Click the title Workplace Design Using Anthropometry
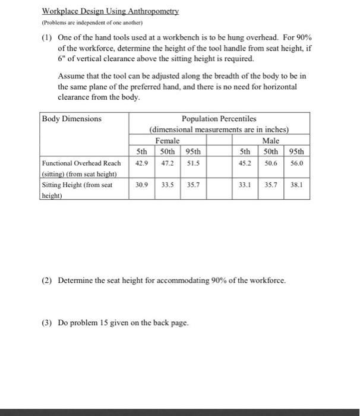click(x=110, y=11)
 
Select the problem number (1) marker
click(x=48, y=37)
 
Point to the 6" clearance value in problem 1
click(x=61, y=59)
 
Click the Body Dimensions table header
click(x=72, y=119)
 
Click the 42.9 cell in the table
click(x=142, y=162)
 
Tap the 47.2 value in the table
click(x=168, y=162)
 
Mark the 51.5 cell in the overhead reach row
click(x=193, y=162)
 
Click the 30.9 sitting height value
click(x=142, y=184)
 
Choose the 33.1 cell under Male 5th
click(x=244, y=184)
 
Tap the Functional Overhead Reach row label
click(x=81, y=163)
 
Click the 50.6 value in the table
click(x=271, y=162)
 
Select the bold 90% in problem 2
click(x=220, y=280)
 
